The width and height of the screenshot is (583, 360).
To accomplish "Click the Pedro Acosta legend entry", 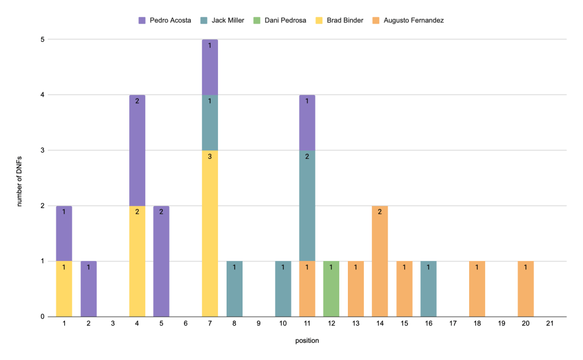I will pos(165,21).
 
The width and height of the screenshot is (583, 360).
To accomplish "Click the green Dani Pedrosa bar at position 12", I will pos(331,289).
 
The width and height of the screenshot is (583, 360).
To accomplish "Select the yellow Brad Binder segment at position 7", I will pos(210,234).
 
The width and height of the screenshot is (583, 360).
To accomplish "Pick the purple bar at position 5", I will pos(161,261).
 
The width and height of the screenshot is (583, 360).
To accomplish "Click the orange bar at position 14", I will pos(380,261).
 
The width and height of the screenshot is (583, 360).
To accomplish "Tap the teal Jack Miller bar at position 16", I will pos(429,289).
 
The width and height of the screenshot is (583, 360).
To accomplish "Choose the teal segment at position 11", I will pos(307,206).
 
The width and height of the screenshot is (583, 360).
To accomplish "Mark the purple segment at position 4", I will pos(137,150).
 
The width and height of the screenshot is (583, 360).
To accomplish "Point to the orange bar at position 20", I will pos(525,289).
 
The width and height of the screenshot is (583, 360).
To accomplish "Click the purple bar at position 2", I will pos(88,289).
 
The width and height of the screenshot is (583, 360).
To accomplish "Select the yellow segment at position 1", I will pos(64,289).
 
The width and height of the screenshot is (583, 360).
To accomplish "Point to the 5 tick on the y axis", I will pos(43,39).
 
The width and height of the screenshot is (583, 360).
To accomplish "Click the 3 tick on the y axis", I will pos(43,150).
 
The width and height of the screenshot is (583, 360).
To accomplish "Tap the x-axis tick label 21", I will pos(549,324).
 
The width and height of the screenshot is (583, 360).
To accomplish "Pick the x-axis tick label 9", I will pos(258,324).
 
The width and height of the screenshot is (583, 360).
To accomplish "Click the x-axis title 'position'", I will pos(307,341).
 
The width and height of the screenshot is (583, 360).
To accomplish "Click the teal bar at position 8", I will pos(234,289).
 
